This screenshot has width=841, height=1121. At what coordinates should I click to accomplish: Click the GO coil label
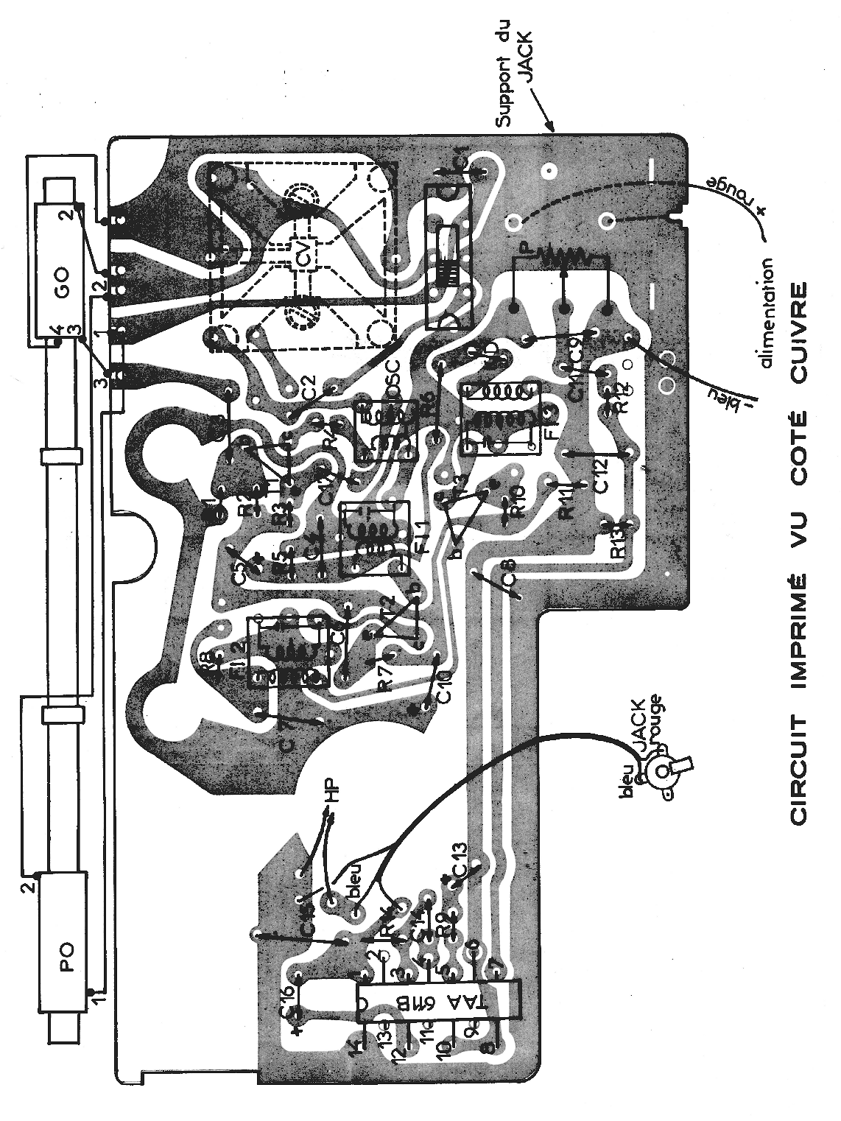click(x=63, y=289)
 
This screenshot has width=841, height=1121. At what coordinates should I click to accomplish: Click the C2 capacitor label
click(x=309, y=387)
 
